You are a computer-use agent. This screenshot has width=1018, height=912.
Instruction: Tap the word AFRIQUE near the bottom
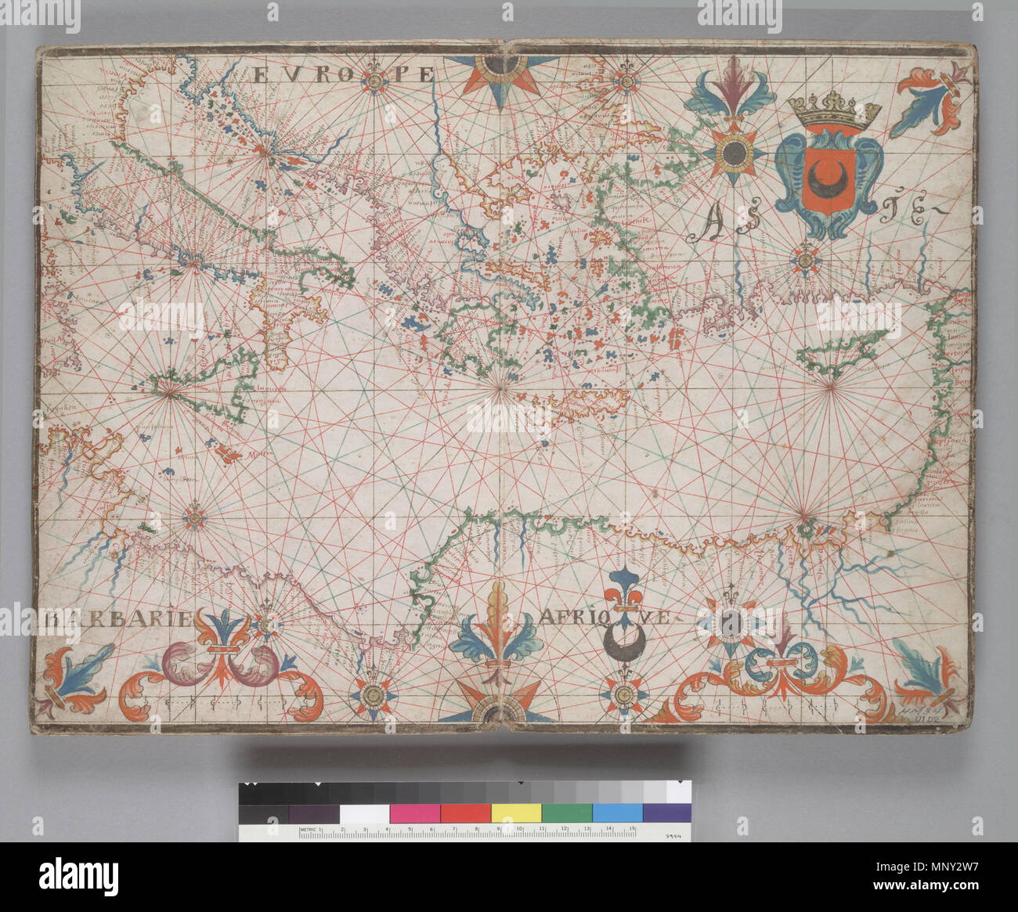pos(603,618)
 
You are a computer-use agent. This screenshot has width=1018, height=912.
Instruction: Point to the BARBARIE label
pos(117,619)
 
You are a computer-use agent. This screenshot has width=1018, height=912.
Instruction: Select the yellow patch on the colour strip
pos(516,813)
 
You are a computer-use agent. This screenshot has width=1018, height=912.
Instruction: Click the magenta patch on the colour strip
pos(415,813)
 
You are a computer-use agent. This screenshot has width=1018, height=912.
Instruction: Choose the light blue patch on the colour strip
pos(617,813)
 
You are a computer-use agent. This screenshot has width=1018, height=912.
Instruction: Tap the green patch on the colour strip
pos(567,813)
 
